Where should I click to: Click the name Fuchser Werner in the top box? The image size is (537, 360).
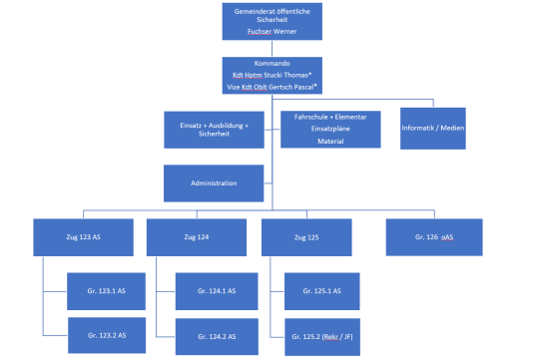coord(271,32)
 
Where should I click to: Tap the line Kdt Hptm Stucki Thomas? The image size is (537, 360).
coord(273,74)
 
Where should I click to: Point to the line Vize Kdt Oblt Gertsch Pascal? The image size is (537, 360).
coord(273,87)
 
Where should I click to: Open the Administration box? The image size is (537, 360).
coord(214,184)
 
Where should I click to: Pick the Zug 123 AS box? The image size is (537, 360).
coord(82,237)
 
